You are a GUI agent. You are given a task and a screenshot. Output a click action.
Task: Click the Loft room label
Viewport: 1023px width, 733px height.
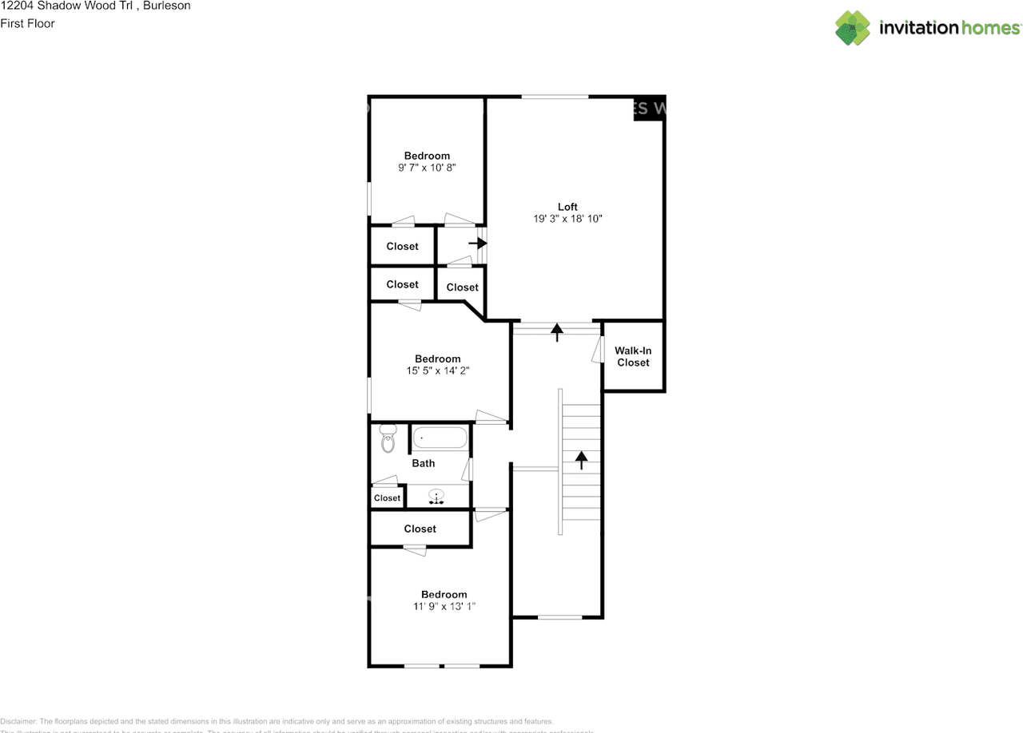pos(567,207)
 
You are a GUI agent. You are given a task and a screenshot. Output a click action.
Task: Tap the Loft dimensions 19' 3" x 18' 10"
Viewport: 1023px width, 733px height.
pos(567,219)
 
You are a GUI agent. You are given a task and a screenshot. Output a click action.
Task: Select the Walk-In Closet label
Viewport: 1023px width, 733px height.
pos(633,356)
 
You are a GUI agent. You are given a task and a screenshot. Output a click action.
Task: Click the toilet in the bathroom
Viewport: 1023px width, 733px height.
pos(388,438)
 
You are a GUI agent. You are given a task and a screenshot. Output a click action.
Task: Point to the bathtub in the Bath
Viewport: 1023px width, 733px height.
pos(440,438)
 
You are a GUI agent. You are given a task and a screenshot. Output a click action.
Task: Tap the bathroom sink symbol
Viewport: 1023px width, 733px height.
pos(436,497)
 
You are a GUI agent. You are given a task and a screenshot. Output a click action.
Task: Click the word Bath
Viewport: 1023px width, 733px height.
pos(424,463)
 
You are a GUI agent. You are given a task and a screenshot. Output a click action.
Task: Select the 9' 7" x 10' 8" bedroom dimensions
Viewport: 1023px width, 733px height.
pos(427,168)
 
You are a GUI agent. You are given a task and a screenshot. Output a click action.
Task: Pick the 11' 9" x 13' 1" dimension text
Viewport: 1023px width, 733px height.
pos(444,606)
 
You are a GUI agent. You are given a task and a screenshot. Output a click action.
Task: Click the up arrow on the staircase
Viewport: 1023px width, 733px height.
pos(581,459)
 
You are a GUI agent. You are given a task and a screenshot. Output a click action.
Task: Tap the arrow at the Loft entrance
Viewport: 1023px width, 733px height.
pos(557,331)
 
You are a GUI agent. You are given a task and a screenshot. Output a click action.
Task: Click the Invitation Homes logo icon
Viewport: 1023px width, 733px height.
pos(853,28)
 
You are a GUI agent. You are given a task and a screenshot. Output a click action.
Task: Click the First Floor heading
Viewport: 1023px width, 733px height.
pos(27,23)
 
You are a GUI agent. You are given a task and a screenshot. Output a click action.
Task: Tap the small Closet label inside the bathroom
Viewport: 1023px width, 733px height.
pos(387,498)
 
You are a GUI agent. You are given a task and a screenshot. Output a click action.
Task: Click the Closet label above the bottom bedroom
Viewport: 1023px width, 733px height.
pos(420,529)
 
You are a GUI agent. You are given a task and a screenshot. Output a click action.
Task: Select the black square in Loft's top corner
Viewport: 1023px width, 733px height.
pos(649,108)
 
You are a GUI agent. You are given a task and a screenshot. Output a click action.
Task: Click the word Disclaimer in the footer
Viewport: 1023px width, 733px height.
pos(18,721)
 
